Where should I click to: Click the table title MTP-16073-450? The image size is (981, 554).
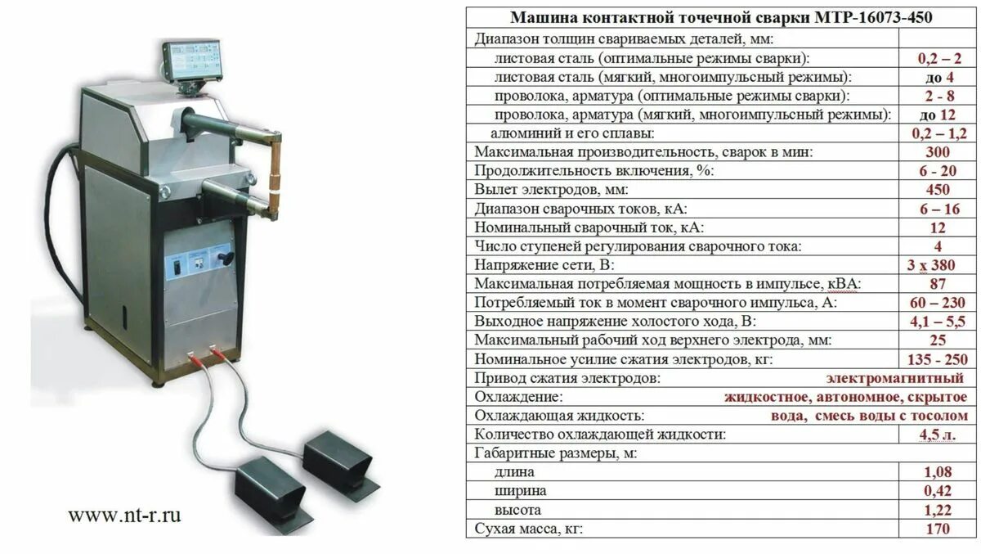pyautogui.click(x=721, y=17)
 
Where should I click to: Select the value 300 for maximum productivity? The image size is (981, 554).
pyautogui.click(x=938, y=151)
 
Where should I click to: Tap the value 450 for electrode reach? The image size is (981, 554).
pyautogui.click(x=938, y=189)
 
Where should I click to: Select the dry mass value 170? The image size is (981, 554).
pyautogui.click(x=938, y=529)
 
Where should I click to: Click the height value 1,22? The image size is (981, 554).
pyautogui.click(x=938, y=510)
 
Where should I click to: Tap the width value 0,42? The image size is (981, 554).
pyautogui.click(x=938, y=491)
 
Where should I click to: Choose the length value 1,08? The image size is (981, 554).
pyautogui.click(x=938, y=472)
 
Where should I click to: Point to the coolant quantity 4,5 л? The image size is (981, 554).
pyautogui.click(x=938, y=435)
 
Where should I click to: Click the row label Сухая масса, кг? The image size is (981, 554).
pyautogui.click(x=528, y=529)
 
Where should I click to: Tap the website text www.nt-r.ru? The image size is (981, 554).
pyautogui.click(x=124, y=515)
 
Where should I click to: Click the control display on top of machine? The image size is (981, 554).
pyautogui.click(x=194, y=61)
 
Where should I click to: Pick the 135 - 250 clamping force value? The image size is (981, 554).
pyautogui.click(x=938, y=359)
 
